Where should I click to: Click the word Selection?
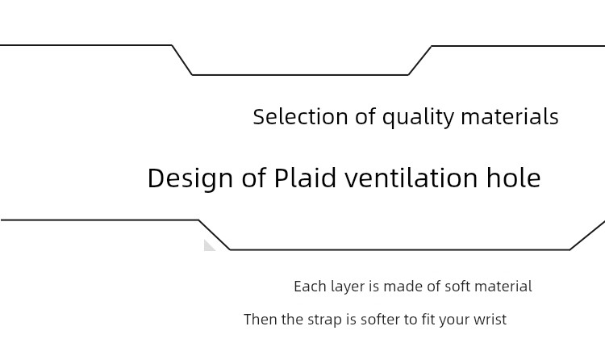[x=301, y=116]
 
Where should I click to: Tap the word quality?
[x=418, y=117]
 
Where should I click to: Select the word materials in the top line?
[x=510, y=116]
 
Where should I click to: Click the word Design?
[x=190, y=178]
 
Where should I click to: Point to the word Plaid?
[x=305, y=178]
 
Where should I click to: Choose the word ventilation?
[x=411, y=178]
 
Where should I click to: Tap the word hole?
[x=514, y=178]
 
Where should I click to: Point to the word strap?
[x=324, y=320]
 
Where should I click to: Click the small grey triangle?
[x=209, y=246]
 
